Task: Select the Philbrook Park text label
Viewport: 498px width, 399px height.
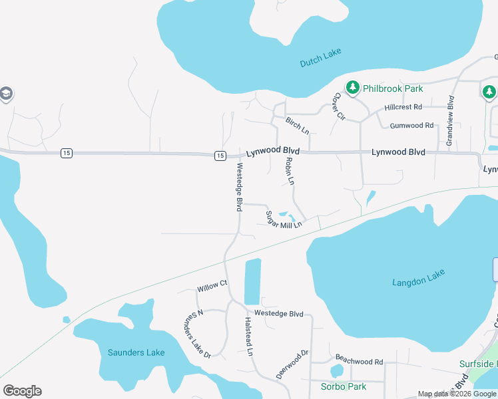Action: point(393,88)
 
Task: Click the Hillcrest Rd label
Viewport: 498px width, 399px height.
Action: point(403,106)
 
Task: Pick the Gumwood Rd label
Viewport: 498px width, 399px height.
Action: point(411,125)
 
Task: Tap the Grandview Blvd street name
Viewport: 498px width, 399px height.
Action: point(450,121)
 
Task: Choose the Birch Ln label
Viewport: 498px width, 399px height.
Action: point(297,124)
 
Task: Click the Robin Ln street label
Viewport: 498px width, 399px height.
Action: point(290,171)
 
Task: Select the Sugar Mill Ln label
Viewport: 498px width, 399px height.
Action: point(284,220)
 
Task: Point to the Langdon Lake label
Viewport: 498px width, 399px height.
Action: point(417,276)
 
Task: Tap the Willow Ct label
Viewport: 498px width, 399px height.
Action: point(212,286)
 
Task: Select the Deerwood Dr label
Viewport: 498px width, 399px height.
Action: point(292,364)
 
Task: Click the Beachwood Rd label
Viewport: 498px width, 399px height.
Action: point(359,362)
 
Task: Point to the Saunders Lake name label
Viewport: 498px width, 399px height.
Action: point(136,352)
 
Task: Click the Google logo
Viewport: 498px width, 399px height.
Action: point(22,391)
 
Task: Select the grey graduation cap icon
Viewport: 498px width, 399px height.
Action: point(6,93)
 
